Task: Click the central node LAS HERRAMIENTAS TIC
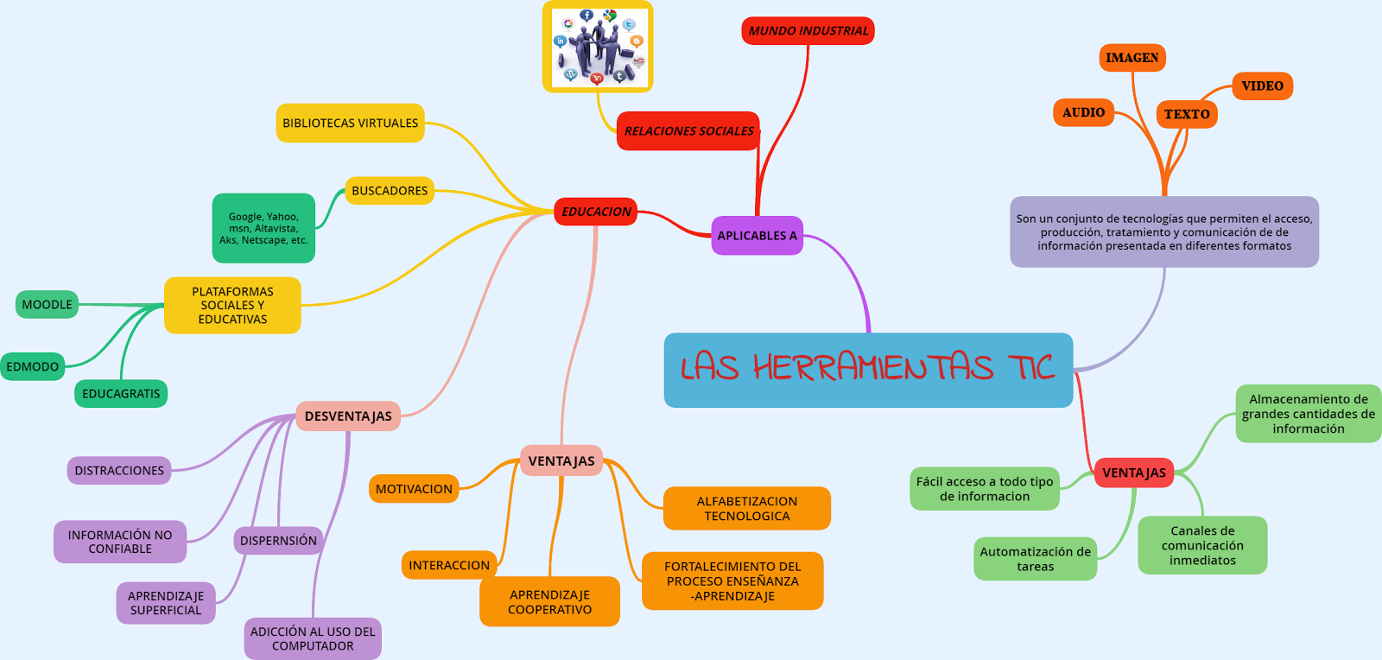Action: (x=868, y=370)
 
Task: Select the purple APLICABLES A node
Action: (x=757, y=235)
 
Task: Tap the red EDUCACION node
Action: (x=595, y=212)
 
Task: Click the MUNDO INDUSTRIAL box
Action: (x=808, y=31)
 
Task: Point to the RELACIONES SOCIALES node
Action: (x=688, y=131)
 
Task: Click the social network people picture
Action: (x=598, y=47)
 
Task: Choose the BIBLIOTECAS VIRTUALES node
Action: (x=350, y=123)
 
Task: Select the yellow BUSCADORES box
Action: (x=390, y=191)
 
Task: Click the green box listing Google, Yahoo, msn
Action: (x=263, y=228)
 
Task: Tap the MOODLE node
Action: (x=47, y=304)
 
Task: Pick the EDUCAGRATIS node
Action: (x=121, y=394)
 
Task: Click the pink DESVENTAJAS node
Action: (x=348, y=416)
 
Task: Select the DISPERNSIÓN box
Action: (x=278, y=541)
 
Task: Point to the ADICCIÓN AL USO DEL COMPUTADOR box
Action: (x=313, y=638)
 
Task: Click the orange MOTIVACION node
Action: (x=414, y=489)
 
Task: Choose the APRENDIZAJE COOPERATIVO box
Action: (x=549, y=602)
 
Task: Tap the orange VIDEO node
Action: (x=1262, y=86)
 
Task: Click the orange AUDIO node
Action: (x=1083, y=112)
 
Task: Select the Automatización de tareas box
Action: (x=1035, y=559)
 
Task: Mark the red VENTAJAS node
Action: (x=1133, y=473)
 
